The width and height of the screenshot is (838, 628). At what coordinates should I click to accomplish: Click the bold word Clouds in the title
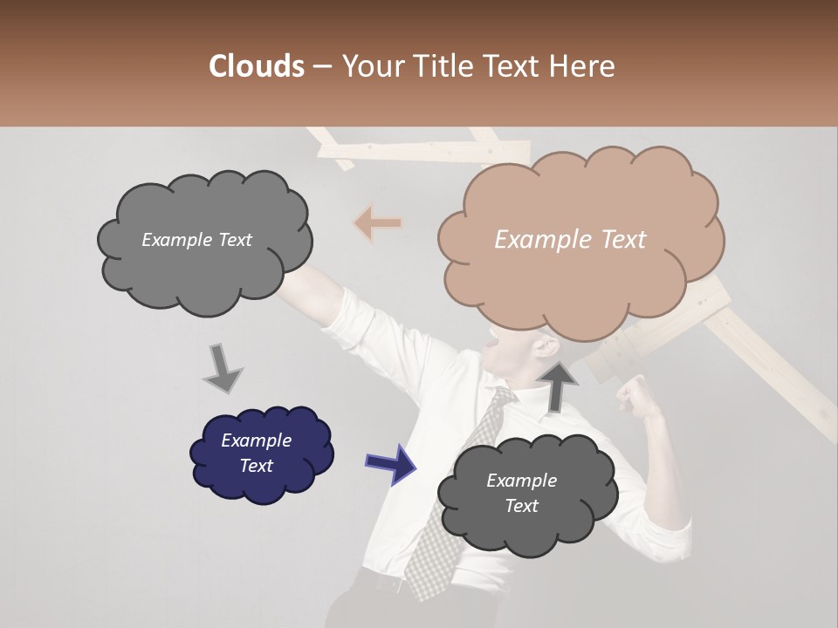(256, 66)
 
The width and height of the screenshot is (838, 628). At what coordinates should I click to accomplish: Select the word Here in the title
(584, 66)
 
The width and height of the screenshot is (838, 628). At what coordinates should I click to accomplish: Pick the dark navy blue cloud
(261, 454)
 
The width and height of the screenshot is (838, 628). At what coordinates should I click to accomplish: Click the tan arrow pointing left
(377, 223)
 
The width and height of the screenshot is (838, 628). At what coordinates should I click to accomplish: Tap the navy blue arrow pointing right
(390, 463)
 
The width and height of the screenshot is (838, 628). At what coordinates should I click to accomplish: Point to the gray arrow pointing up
(557, 385)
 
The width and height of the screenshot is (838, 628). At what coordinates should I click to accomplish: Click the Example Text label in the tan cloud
(570, 240)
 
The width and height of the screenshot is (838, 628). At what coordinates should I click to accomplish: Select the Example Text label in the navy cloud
(256, 453)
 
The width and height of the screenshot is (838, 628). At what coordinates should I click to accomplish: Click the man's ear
(547, 349)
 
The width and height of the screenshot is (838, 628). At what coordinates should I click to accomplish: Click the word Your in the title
(370, 66)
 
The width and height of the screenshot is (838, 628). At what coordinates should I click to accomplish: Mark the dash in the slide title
(321, 67)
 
